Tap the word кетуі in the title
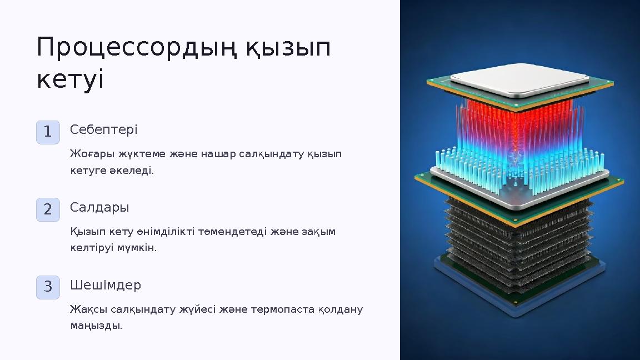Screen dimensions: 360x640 (70, 80)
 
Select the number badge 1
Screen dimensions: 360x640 (48, 132)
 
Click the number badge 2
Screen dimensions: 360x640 (48, 209)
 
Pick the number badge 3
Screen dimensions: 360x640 (48, 287)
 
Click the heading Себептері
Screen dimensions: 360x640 (104, 129)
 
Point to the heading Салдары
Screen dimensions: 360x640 (99, 207)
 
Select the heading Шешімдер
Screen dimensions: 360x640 (106, 285)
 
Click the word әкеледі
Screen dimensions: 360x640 (132, 170)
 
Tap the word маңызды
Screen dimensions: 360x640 (96, 326)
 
